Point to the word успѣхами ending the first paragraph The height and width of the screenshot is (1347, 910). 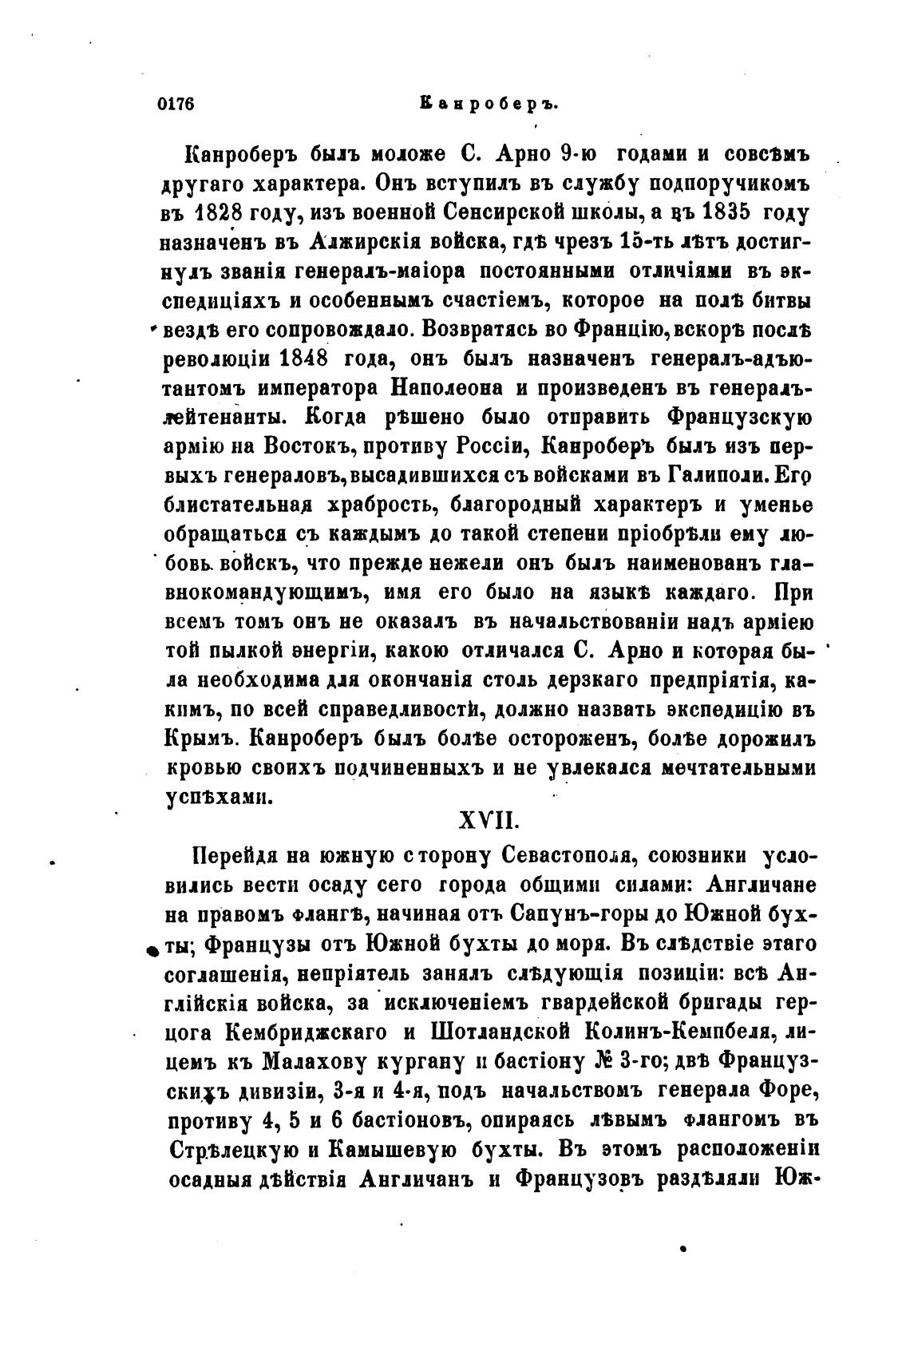[x=219, y=797]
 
